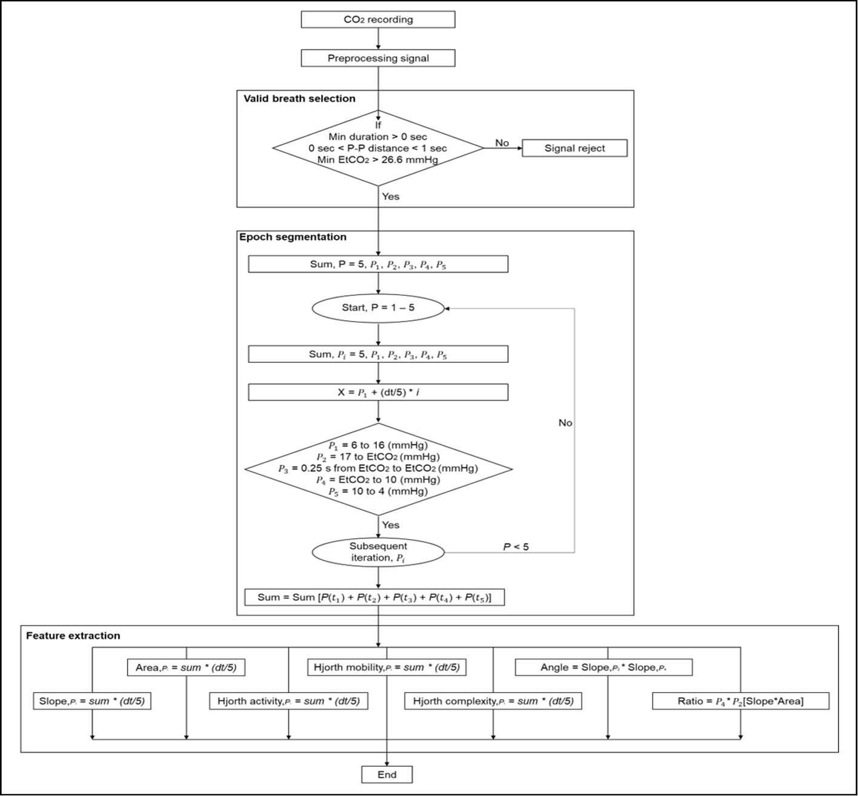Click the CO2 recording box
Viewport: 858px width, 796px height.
378,19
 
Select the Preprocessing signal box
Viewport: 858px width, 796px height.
378,58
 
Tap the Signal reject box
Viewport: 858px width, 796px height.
574,148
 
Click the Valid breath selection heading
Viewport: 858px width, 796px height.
299,99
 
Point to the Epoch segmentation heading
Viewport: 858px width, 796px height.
293,237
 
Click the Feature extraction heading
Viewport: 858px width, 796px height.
73,635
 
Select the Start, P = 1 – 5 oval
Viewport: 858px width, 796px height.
378,308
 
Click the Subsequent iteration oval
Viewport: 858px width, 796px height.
378,552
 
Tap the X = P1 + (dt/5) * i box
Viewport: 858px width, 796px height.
378,393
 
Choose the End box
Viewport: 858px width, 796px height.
387,774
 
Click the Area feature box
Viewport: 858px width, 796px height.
186,668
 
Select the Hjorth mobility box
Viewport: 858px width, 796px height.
387,668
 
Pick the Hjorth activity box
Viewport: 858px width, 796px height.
288,701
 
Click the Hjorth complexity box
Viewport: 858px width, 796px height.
493,701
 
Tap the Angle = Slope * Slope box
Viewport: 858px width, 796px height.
604,668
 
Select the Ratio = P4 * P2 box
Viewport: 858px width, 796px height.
740,701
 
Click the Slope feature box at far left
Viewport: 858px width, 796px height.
91,701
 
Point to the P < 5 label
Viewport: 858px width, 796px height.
516,547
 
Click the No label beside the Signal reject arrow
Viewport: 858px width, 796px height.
502,143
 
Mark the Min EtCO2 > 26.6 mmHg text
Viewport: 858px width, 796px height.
377,161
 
